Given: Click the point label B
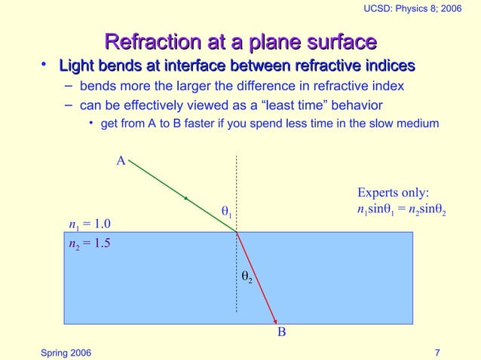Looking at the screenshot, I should [x=281, y=331].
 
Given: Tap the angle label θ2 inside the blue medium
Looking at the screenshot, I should [x=246, y=277].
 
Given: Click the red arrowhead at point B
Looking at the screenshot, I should [x=275, y=319].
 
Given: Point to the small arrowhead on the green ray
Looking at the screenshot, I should [x=186, y=198].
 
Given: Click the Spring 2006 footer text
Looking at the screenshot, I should [x=67, y=352].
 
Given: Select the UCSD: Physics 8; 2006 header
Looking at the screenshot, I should [x=418, y=8].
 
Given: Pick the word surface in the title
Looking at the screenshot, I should [x=340, y=41].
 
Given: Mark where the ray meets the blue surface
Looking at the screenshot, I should [x=237, y=232].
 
